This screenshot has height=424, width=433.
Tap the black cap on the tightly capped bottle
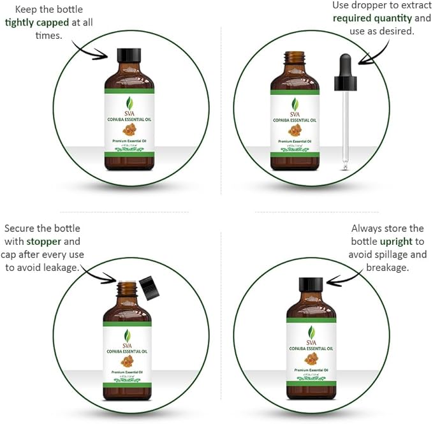[129, 55]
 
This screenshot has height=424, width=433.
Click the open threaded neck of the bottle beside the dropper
[295, 61]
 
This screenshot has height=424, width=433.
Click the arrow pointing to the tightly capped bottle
[89, 49]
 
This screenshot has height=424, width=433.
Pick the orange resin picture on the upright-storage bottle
[311, 358]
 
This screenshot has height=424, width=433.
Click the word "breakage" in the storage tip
[386, 267]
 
